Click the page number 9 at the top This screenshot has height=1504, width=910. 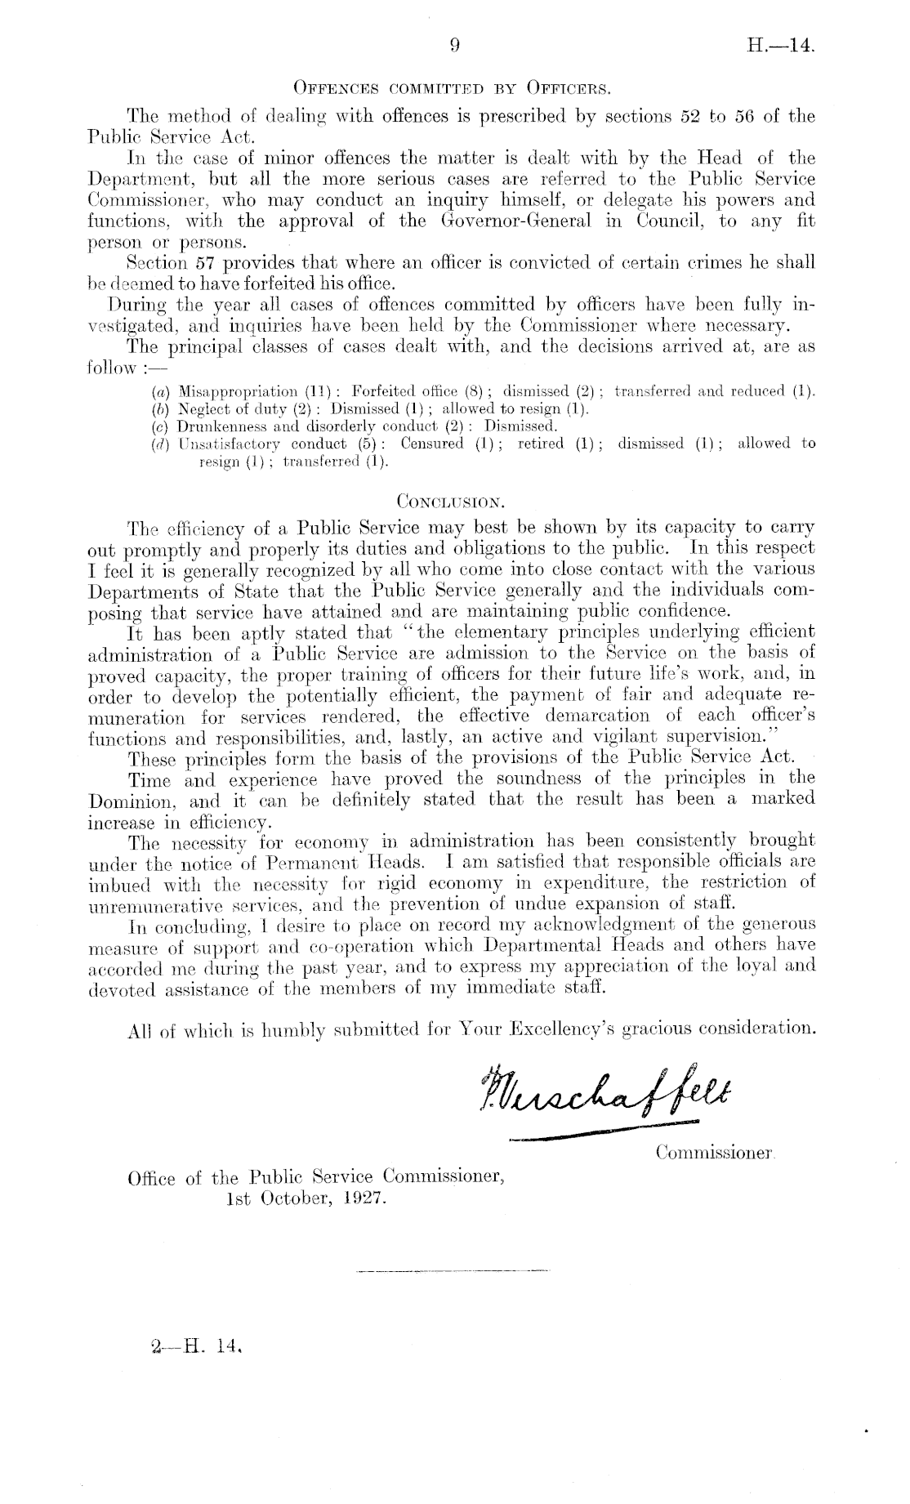tap(456, 47)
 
